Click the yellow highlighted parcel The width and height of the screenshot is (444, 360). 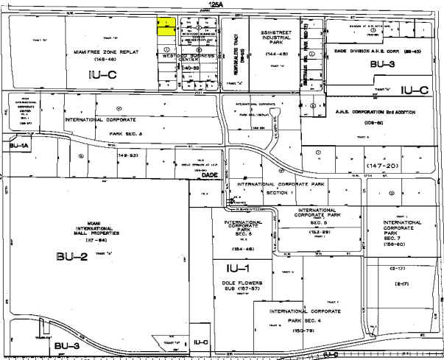pos(167,26)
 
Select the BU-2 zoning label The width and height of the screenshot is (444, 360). pos(69,256)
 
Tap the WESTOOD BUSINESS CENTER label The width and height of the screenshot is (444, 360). pos(184,57)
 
